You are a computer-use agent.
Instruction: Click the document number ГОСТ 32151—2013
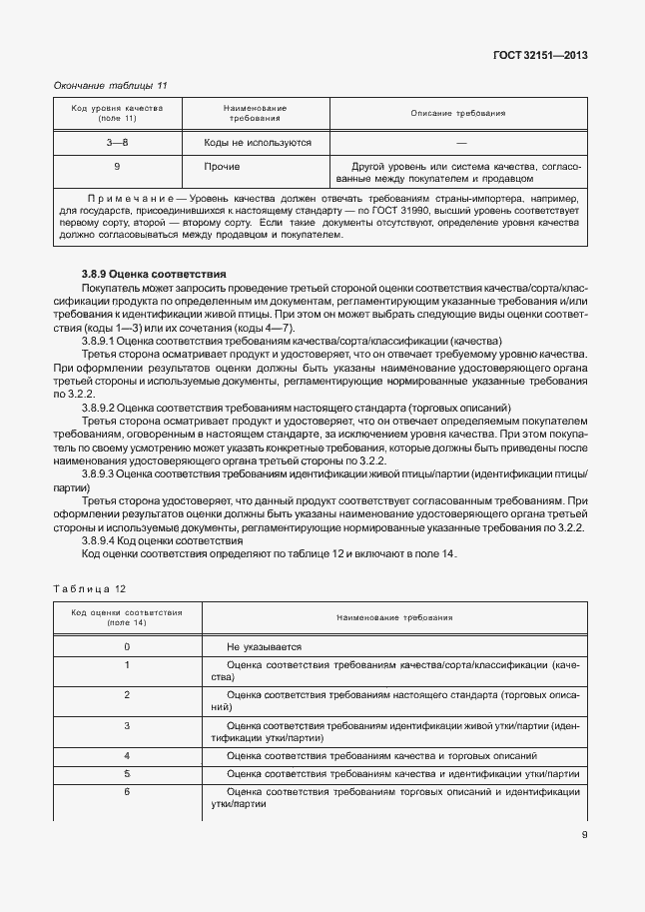[x=538, y=55]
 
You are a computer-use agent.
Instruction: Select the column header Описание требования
[x=457, y=113]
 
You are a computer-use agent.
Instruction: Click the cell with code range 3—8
[x=118, y=143]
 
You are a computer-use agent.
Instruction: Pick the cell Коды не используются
[x=258, y=143]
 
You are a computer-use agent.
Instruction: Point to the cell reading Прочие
[x=221, y=166]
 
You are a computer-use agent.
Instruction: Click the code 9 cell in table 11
[x=118, y=166]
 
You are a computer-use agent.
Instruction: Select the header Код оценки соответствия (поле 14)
[x=126, y=616]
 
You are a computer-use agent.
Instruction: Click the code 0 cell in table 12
[x=127, y=647]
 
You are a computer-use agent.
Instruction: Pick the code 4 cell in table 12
[x=127, y=755]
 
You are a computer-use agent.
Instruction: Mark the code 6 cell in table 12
[x=127, y=791]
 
